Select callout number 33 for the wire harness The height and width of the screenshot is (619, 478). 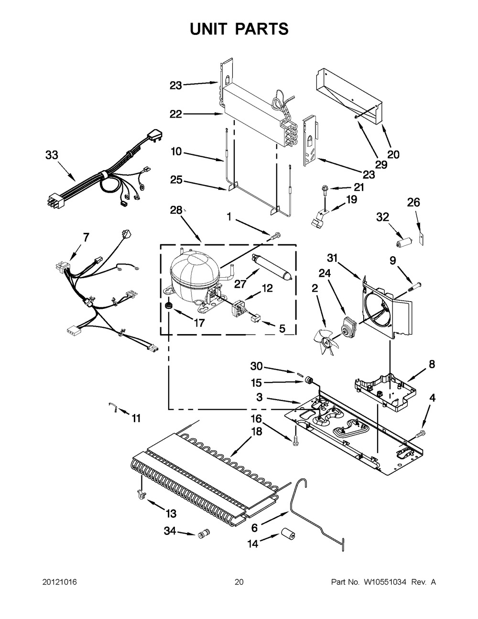52,155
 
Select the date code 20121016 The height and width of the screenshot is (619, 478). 59,582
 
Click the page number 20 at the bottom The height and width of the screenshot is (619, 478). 239,582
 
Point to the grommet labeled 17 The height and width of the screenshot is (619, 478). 169,306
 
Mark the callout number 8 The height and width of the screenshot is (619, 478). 432,365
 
